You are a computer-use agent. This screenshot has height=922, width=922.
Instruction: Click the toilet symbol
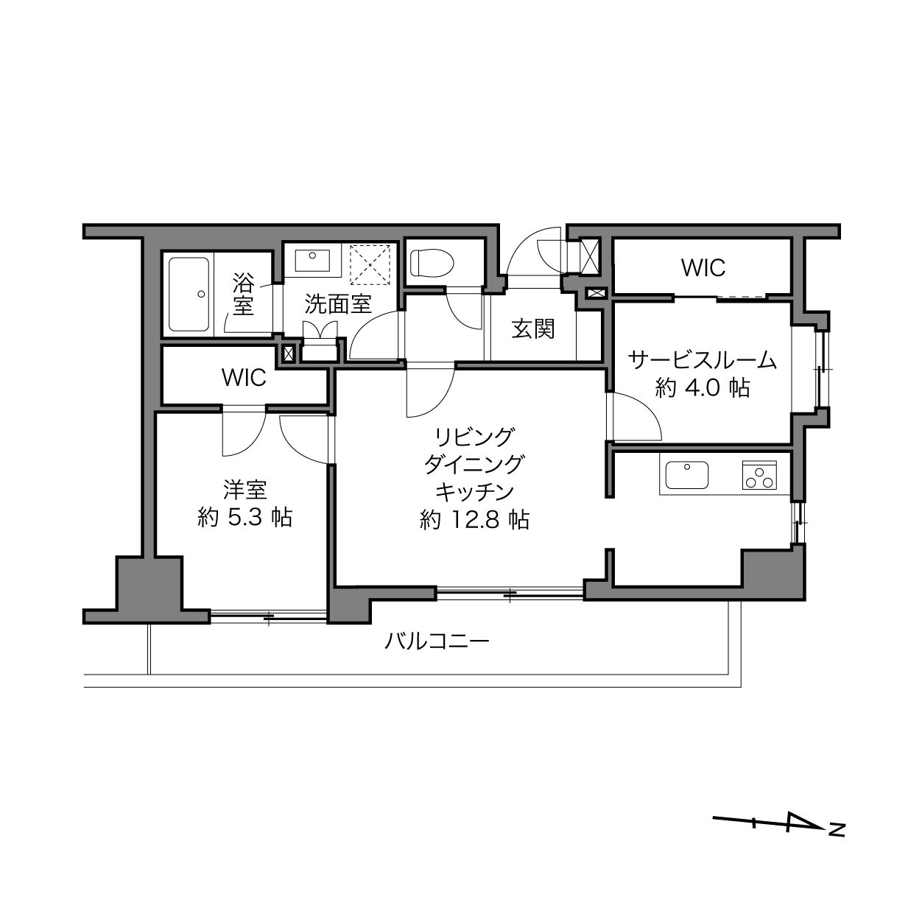(432, 263)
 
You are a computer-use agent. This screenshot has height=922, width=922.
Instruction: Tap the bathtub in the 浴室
(189, 295)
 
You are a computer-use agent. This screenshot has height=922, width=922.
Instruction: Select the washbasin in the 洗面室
(312, 260)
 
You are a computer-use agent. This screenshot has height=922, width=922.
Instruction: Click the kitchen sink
(687, 475)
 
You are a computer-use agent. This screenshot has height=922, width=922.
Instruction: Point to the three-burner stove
(759, 475)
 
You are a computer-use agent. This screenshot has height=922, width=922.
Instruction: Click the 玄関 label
(533, 329)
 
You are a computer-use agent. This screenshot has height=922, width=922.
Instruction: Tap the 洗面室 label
(338, 303)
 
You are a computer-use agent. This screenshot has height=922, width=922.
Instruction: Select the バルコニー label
(437, 641)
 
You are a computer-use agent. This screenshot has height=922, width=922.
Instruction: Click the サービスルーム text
(702, 360)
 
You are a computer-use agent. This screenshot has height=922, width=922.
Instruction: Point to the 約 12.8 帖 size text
(475, 519)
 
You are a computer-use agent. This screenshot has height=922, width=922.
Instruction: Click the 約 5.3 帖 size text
(244, 517)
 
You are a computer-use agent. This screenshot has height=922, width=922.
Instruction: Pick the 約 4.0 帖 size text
(702, 387)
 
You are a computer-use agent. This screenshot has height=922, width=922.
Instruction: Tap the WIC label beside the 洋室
(244, 378)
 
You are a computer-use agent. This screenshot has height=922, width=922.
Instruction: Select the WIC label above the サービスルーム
(703, 268)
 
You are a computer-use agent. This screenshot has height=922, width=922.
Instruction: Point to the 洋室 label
(245, 490)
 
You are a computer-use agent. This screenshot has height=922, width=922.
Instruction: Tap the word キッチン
(475, 492)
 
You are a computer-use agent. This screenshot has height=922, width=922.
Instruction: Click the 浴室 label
(243, 294)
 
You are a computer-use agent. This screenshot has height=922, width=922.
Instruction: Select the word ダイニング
(475, 464)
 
